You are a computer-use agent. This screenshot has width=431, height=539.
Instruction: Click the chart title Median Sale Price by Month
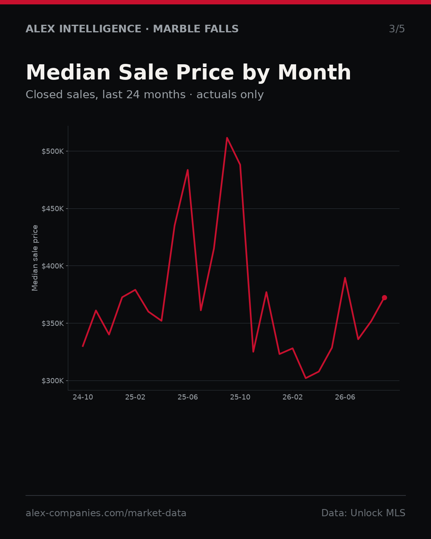pyautogui.click(x=188, y=73)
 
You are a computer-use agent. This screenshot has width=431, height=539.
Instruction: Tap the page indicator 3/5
pyautogui.click(x=397, y=29)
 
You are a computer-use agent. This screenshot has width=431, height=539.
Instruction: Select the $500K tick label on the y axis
pyautogui.click(x=53, y=151)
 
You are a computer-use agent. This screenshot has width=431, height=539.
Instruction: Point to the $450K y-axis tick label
pyautogui.click(x=53, y=209)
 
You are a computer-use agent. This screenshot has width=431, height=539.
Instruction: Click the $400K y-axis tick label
pyautogui.click(x=53, y=266)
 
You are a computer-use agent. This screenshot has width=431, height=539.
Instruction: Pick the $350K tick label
pyautogui.click(x=53, y=323)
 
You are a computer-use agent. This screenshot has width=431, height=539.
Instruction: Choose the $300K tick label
pyautogui.click(x=53, y=381)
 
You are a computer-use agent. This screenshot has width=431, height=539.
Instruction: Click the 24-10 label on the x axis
pyautogui.click(x=83, y=397)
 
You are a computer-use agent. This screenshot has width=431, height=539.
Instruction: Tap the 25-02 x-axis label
pyautogui.click(x=135, y=397)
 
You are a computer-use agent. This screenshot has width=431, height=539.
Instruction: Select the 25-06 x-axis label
pyautogui.click(x=188, y=397)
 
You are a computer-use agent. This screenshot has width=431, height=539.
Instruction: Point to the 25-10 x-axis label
pyautogui.click(x=240, y=397)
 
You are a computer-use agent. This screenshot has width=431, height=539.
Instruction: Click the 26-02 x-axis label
pyautogui.click(x=293, y=397)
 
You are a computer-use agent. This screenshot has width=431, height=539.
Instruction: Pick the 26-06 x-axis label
pyautogui.click(x=345, y=397)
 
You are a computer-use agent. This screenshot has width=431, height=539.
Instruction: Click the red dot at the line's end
pyautogui.click(x=384, y=297)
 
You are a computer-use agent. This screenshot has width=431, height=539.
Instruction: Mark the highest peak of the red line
pyautogui.click(x=227, y=138)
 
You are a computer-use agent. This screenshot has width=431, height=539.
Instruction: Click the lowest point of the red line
pyautogui.click(x=306, y=378)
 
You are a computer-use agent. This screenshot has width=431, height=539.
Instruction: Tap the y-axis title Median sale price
pyautogui.click(x=35, y=258)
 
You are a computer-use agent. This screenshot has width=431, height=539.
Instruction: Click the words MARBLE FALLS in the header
pyautogui.click(x=196, y=29)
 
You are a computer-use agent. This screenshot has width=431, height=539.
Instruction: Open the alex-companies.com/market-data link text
pyautogui.click(x=106, y=513)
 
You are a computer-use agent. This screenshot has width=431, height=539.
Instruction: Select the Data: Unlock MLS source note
pyautogui.click(x=363, y=513)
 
